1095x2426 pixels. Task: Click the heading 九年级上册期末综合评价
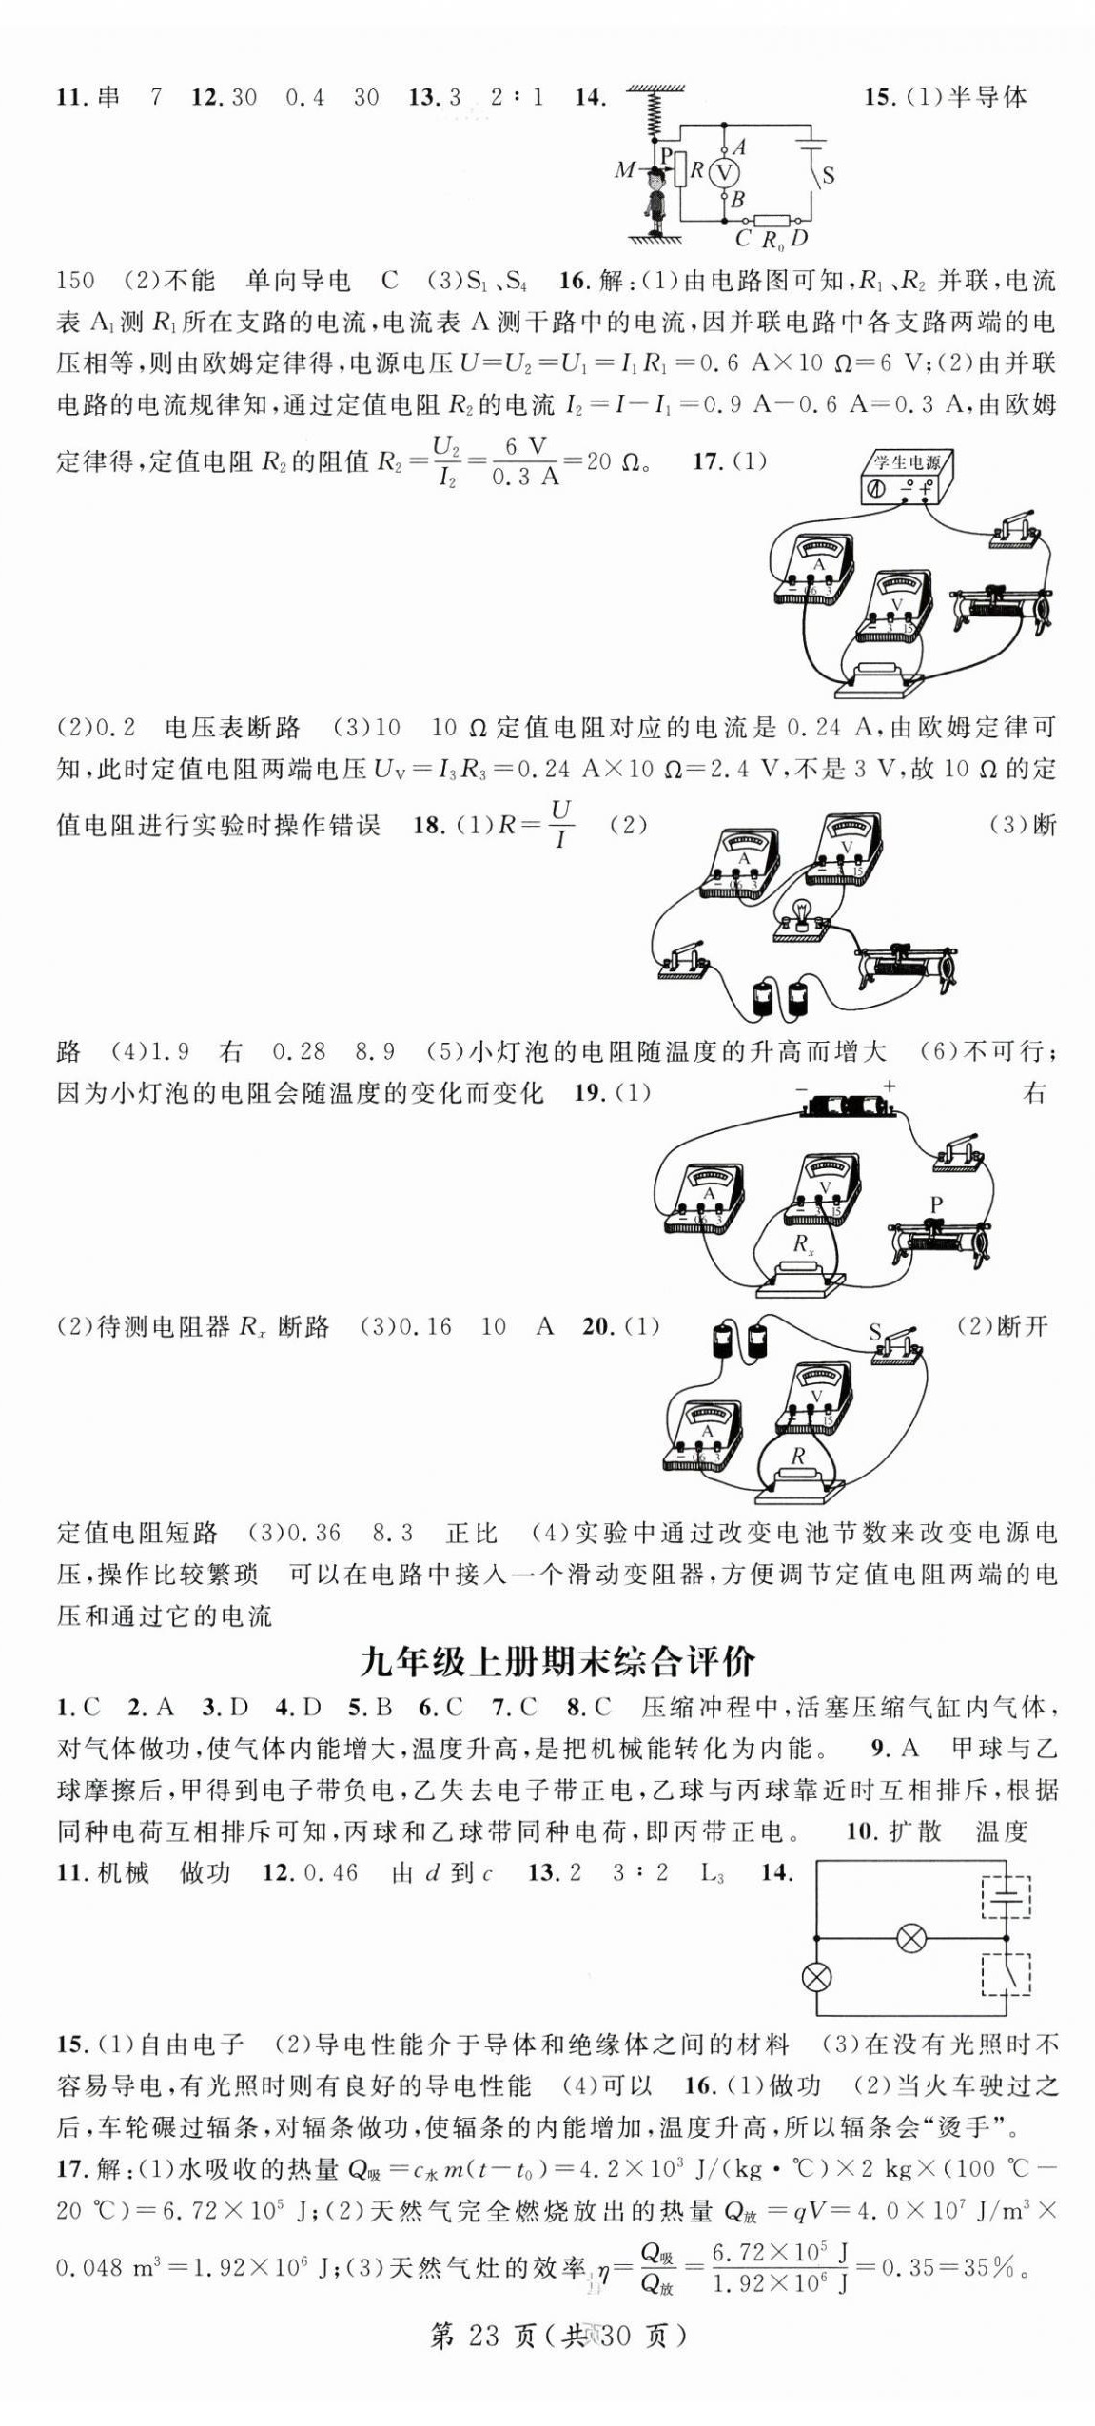click(x=558, y=1661)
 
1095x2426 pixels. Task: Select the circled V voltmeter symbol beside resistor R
click(x=726, y=172)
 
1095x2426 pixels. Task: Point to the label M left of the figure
click(x=624, y=170)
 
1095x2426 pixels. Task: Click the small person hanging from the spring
click(x=655, y=201)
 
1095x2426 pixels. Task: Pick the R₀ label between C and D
click(x=773, y=239)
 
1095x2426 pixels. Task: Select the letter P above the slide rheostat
click(x=936, y=1205)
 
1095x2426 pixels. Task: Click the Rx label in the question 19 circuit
click(x=804, y=1242)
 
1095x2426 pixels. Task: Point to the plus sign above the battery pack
click(x=890, y=1086)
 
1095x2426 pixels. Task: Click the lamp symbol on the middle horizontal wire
click(x=911, y=1938)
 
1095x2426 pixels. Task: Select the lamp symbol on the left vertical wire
click(x=816, y=1977)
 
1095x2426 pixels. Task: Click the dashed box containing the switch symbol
click(x=1006, y=1973)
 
